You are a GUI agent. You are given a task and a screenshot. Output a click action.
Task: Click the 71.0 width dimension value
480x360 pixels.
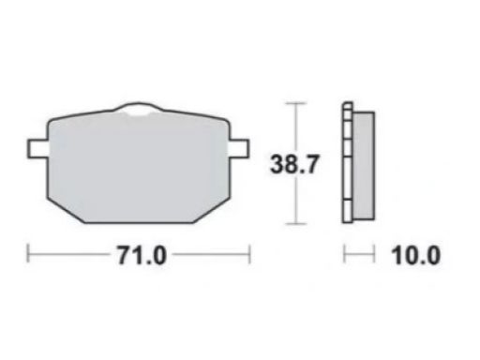point(142,256)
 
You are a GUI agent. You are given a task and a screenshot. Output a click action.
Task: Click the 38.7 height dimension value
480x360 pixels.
point(294,164)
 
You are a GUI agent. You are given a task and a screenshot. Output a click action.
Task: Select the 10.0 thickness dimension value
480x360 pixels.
point(415,256)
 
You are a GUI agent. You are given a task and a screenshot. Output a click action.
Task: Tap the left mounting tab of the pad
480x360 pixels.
point(37,148)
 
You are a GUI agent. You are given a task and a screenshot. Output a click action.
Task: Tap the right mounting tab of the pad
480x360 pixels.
point(239,148)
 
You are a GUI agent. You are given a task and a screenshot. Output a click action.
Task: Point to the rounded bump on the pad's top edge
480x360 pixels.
point(138,107)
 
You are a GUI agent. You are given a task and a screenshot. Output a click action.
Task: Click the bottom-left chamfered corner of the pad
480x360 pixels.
point(66,210)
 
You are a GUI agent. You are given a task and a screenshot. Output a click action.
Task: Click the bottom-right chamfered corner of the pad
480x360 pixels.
point(212,210)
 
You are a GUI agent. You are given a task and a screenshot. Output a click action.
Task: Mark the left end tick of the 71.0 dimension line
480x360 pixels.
point(28,254)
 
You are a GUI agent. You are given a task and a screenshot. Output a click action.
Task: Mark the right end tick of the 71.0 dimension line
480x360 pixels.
point(249,254)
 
